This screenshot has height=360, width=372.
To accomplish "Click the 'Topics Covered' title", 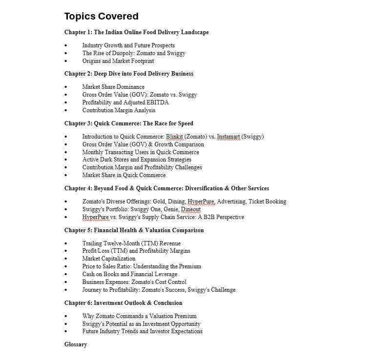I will (101, 17).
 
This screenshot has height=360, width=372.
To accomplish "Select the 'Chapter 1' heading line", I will (136, 32).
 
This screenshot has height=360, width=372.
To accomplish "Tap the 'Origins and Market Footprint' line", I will (118, 61).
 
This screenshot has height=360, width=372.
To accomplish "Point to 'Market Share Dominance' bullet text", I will (113, 87).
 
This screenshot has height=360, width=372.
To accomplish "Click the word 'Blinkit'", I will (174, 137).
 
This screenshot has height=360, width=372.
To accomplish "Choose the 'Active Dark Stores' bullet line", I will (137, 160).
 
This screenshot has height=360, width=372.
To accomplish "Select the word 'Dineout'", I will (190, 209).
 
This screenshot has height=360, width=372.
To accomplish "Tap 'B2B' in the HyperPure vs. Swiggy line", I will (209, 217).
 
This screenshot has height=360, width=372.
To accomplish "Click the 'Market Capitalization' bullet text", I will (108, 259).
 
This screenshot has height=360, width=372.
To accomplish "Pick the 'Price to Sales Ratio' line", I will (142, 266).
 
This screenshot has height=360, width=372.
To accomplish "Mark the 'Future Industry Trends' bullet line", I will (142, 331).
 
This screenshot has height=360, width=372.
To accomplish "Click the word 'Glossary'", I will (76, 344).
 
